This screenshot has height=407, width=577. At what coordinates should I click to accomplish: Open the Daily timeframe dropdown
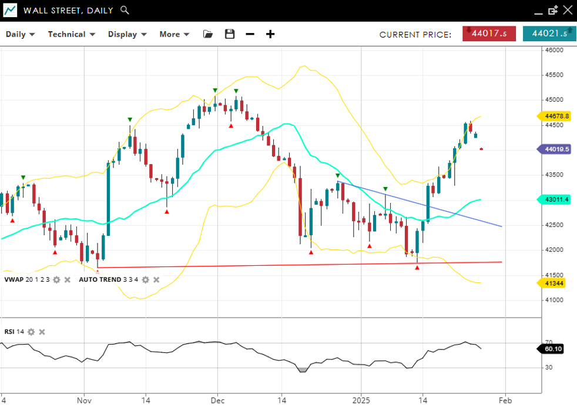click(x=20, y=34)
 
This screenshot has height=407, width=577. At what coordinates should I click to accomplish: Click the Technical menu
click(x=71, y=34)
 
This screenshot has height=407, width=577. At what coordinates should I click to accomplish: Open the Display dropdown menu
click(x=127, y=34)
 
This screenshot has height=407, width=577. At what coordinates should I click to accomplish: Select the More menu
click(x=174, y=34)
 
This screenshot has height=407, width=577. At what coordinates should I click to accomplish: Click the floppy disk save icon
click(x=230, y=34)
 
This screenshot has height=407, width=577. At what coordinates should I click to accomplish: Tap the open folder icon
click(x=208, y=34)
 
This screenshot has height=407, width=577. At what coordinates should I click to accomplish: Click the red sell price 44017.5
click(x=489, y=34)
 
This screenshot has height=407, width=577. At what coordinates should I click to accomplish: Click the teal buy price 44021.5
click(x=549, y=34)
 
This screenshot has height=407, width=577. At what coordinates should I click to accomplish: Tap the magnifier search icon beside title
click(x=125, y=10)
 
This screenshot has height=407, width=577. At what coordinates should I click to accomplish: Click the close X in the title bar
click(x=567, y=10)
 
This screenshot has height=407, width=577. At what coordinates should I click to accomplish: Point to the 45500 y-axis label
click(x=554, y=75)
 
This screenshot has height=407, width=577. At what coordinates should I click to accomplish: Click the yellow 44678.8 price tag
click(x=556, y=116)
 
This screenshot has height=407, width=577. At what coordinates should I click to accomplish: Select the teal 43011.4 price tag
click(x=556, y=199)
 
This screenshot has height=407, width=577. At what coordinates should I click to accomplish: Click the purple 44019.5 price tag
click(x=556, y=149)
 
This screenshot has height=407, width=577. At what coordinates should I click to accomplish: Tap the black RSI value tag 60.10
click(x=553, y=349)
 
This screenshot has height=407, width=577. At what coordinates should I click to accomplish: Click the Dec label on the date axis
click(x=217, y=401)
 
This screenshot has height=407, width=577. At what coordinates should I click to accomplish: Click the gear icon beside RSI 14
click(x=31, y=332)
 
